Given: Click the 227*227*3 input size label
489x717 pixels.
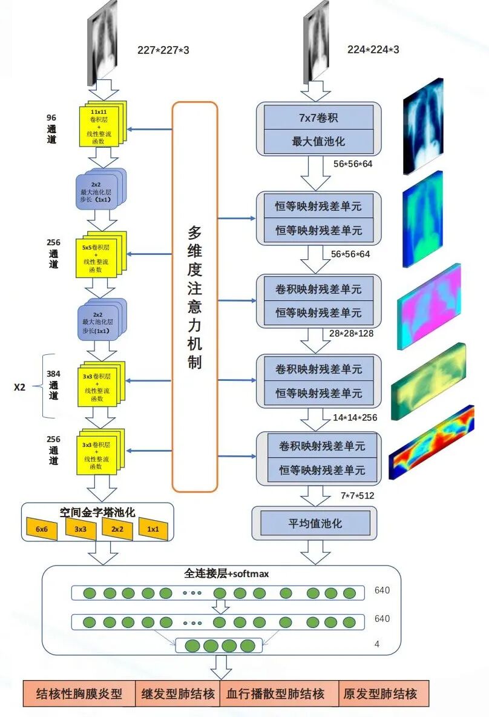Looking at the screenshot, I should [x=163, y=50].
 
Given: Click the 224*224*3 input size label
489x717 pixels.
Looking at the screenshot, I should [x=373, y=50].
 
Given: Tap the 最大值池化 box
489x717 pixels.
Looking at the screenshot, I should [x=318, y=141].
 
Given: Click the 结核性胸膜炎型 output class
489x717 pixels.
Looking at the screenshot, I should [x=79, y=694].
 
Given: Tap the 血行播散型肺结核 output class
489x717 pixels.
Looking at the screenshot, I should [x=275, y=694].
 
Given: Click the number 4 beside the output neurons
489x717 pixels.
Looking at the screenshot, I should [x=377, y=644].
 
